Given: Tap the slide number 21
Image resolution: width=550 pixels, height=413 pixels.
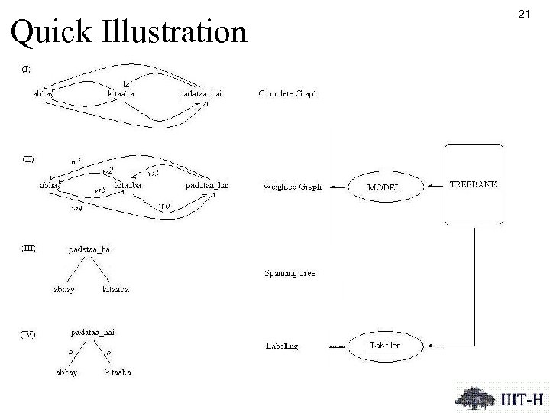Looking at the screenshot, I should (x=524, y=14).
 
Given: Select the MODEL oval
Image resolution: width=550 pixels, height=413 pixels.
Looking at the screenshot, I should (x=383, y=187).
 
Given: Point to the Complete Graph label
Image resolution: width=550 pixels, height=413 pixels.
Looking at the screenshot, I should (x=289, y=94).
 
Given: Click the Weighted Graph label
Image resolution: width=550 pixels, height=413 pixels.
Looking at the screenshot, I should (x=292, y=186).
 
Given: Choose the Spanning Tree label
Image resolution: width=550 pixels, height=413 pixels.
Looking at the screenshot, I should (x=290, y=272).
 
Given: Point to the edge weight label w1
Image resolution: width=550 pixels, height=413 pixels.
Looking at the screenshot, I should (x=76, y=161).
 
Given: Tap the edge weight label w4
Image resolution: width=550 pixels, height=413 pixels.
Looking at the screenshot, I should (x=77, y=207).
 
